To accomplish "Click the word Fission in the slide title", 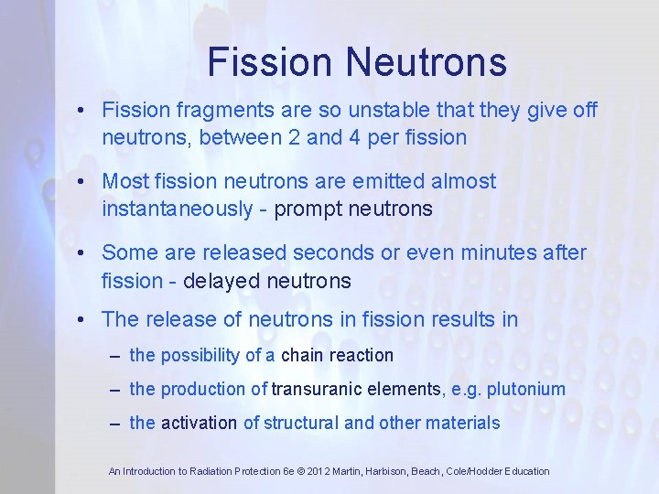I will tap(268, 62).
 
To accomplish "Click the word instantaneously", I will tap(177, 209).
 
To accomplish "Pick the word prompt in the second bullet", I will tap(306, 209).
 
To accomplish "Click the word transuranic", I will tap(317, 389).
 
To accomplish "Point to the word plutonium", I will tap(525, 389).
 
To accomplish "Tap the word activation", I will tap(199, 423).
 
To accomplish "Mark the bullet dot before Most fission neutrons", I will tap(82, 182).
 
